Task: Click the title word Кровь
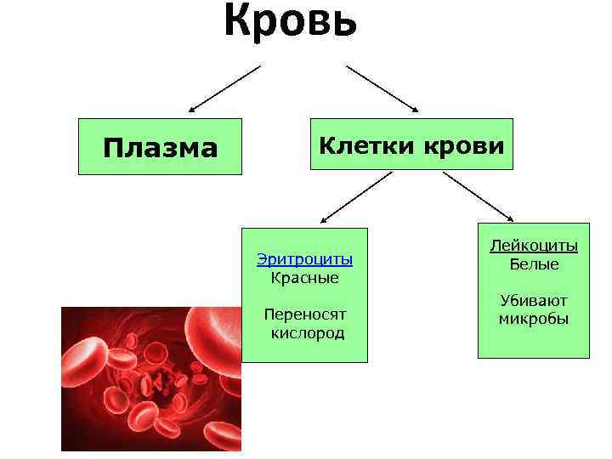tap(291, 20)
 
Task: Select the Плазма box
tap(160, 147)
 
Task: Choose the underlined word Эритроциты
tap(304, 260)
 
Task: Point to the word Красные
tap(304, 278)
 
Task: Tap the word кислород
tap(307, 332)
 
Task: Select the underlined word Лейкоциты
tap(534, 246)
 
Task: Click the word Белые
tap(534, 264)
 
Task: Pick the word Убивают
tap(534, 301)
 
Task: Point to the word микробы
tap(534, 319)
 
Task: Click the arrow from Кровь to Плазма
tap(225, 88)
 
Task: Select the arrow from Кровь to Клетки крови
tap(382, 88)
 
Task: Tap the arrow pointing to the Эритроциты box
tap(356, 196)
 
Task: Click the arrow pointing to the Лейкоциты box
tap(479, 196)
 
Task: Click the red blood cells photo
tap(151, 379)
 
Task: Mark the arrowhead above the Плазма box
tap(193, 110)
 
